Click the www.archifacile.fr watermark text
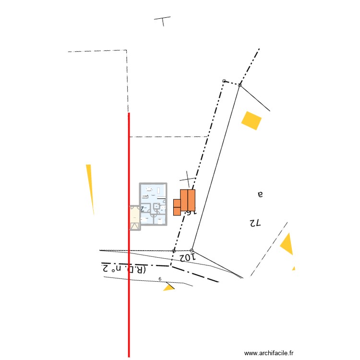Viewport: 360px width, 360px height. (x=269, y=353)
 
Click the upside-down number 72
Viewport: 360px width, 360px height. (x=254, y=223)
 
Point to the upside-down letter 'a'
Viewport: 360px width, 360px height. (x=261, y=194)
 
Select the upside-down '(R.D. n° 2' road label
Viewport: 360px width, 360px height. (x=123, y=268)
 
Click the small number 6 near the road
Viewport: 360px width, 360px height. (x=160, y=278)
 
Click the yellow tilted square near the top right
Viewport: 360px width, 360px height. (x=252, y=120)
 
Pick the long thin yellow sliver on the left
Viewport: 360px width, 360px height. (x=90, y=187)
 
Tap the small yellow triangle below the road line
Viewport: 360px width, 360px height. (x=168, y=288)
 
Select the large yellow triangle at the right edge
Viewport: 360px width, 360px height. (x=287, y=244)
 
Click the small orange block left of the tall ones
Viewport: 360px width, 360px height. (x=177, y=207)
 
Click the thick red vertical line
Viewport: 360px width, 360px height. (x=129, y=288)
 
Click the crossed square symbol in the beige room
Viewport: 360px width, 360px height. (x=135, y=226)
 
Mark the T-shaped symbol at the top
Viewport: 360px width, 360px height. (x=163, y=21)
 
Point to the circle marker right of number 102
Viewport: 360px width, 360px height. (x=192, y=251)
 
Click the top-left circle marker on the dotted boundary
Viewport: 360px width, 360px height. (x=224, y=81)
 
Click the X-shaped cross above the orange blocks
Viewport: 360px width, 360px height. (x=189, y=179)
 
